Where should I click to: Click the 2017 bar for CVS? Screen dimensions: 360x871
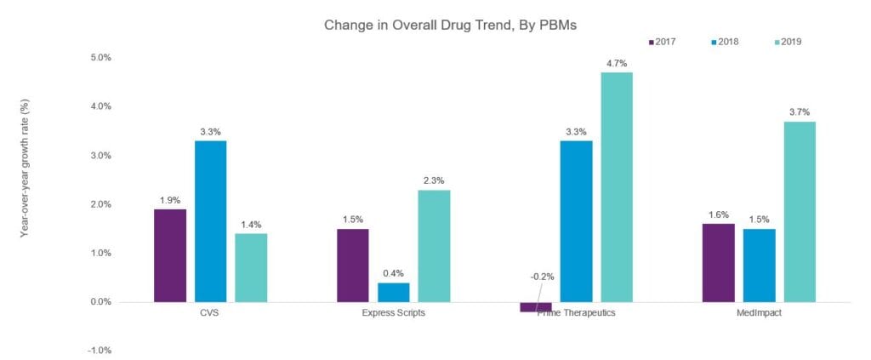[170, 255]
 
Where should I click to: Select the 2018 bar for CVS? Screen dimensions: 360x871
[211, 221]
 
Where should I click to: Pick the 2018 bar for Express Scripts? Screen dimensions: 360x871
[393, 292]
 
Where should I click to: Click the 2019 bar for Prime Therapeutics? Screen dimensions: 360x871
[617, 187]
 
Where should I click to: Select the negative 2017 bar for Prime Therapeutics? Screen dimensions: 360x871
[536, 307]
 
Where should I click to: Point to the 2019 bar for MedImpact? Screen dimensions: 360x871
[800, 212]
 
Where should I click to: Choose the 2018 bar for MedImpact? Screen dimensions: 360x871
[759, 266]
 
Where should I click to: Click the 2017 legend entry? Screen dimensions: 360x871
[662, 41]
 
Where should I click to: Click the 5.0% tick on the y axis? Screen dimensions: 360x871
[101, 58]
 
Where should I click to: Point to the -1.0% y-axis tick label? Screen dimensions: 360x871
[100, 351]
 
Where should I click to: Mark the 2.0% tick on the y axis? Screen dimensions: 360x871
[101, 204]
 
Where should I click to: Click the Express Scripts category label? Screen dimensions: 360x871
[394, 313]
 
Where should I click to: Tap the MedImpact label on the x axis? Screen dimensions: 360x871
[760, 313]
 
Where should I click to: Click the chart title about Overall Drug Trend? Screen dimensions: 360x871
[450, 25]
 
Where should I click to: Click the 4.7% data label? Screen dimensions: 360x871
[617, 62]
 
